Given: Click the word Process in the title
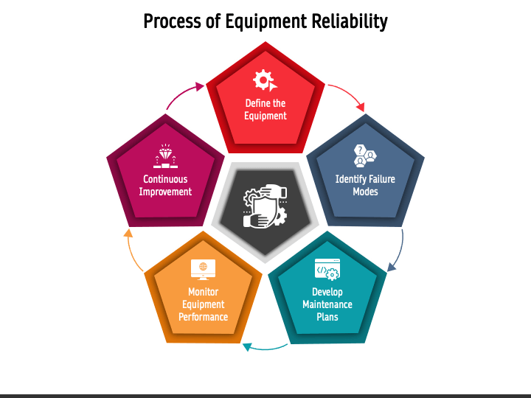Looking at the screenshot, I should (x=171, y=21).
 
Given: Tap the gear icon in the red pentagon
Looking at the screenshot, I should (x=263, y=80).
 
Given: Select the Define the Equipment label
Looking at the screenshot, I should (x=265, y=110).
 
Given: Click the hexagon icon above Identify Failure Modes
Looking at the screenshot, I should (x=365, y=156).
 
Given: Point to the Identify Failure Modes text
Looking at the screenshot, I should (x=365, y=185).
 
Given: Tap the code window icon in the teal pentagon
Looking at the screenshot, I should (x=327, y=269).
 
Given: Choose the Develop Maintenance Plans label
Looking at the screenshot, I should (x=327, y=304).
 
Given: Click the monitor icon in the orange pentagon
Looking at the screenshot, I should (x=203, y=268).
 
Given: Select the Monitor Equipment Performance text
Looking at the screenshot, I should (x=203, y=304).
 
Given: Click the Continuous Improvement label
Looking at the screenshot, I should (x=166, y=185).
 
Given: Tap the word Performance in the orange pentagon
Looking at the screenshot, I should (x=203, y=317).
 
